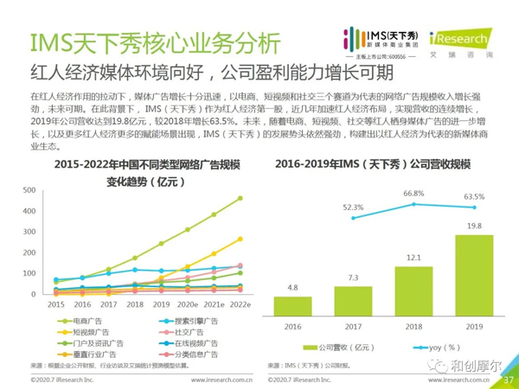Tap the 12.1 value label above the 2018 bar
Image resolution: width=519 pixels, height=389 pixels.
(x=413, y=258)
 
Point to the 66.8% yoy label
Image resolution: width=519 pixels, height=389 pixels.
(x=413, y=194)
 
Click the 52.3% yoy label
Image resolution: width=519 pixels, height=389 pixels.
(x=353, y=207)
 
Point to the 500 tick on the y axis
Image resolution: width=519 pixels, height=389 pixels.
(x=29, y=190)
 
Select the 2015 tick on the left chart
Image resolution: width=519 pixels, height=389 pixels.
(x=56, y=305)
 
